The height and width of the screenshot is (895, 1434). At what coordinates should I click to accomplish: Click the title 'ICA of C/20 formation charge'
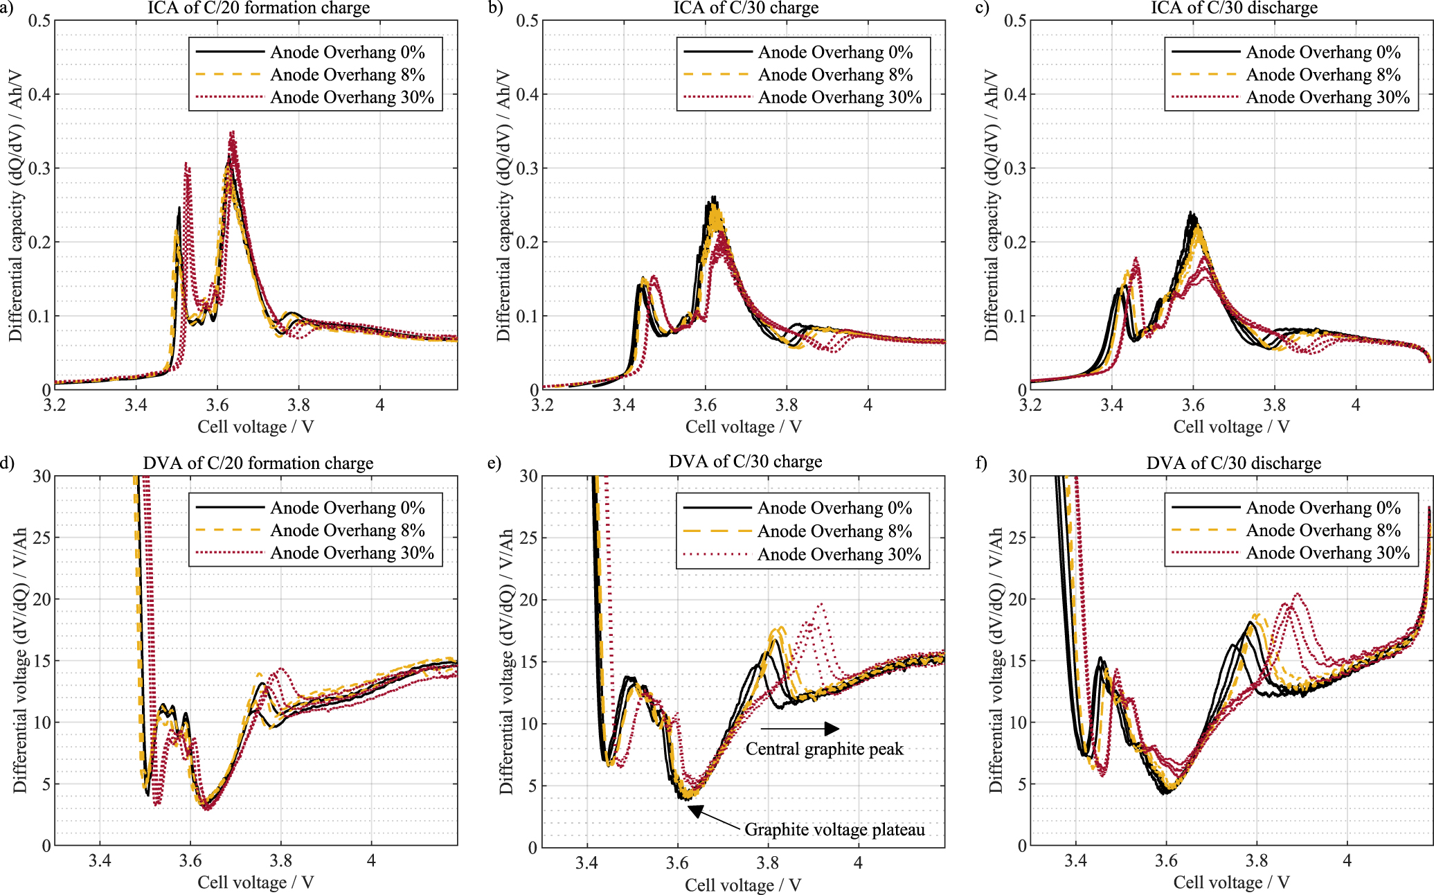tap(258, 8)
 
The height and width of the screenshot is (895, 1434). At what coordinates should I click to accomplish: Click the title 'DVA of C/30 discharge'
tap(1233, 463)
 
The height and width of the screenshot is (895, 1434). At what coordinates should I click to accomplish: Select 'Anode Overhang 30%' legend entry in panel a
tap(352, 97)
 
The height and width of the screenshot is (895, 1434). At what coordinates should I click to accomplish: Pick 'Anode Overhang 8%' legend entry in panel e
tap(834, 531)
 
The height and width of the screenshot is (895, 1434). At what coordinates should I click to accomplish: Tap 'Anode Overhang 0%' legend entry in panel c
tap(1323, 52)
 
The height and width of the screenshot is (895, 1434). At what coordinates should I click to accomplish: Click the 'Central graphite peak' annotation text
tap(824, 749)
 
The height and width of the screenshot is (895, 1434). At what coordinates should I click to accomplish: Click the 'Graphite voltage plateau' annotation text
tap(834, 829)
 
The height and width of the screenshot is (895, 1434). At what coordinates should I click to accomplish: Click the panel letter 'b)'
tap(495, 8)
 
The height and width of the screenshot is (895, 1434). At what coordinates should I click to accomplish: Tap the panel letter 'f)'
tap(982, 463)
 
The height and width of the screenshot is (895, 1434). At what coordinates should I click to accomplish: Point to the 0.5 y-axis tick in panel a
tap(39, 20)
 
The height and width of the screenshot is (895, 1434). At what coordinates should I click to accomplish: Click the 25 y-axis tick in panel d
tap(42, 538)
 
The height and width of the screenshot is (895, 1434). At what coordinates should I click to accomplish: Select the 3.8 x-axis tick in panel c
tap(1274, 405)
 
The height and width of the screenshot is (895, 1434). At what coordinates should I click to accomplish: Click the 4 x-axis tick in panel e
tap(858, 862)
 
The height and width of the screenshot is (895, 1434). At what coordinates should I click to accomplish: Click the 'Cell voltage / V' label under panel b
tap(743, 427)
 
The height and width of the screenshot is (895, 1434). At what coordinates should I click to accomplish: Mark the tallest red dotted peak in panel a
tap(233, 132)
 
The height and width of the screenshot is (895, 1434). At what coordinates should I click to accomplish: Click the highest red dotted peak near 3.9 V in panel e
tap(821, 605)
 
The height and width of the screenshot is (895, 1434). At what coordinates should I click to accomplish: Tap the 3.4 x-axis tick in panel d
tap(100, 860)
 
